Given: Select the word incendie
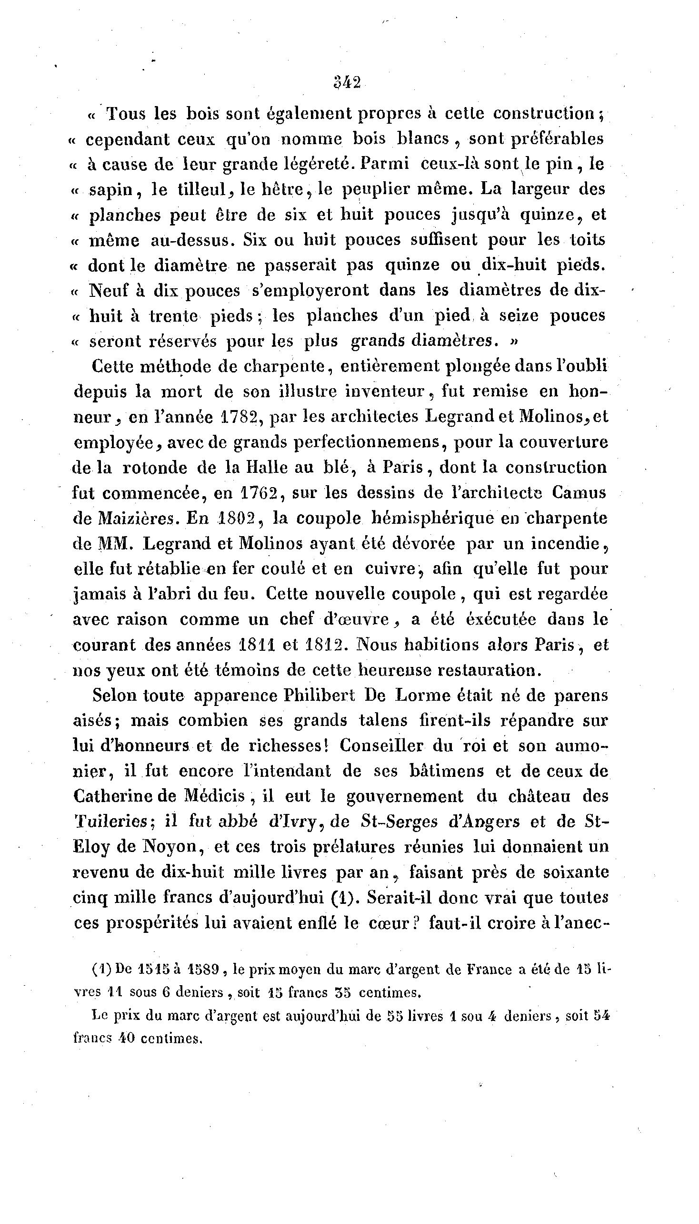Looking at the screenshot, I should [x=571, y=544].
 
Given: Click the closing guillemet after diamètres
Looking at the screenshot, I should [x=514, y=342].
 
